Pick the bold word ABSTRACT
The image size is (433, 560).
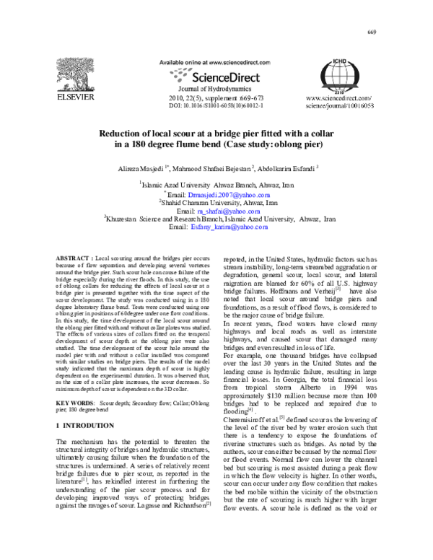[73, 258]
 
